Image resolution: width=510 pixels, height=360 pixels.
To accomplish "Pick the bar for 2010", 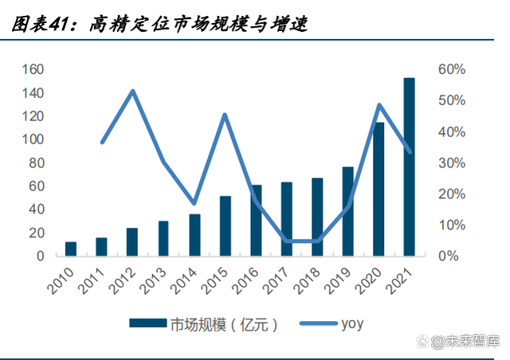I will click(x=71, y=248).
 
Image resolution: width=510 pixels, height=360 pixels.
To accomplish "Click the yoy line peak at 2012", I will click(x=132, y=91).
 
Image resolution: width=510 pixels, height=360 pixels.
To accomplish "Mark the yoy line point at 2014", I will click(x=194, y=203).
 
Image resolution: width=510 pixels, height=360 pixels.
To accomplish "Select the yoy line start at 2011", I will click(x=102, y=143).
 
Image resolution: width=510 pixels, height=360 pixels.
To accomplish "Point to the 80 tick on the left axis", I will click(x=35, y=163).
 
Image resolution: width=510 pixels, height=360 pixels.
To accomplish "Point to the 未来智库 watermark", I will click(x=467, y=342).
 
